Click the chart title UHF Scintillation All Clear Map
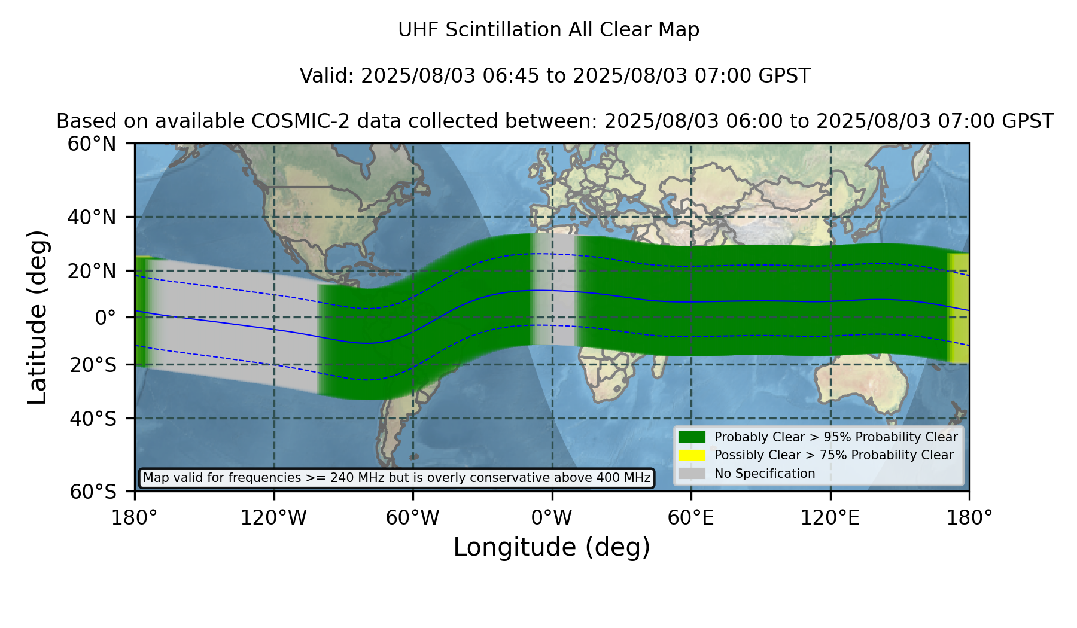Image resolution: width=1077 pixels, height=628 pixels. coord(549,30)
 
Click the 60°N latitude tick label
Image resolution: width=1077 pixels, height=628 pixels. coord(92,144)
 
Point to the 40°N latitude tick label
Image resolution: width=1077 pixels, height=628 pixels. coord(92,217)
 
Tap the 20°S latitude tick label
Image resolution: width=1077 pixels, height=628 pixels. coord(93,365)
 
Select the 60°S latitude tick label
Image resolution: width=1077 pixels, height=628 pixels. coord(93,492)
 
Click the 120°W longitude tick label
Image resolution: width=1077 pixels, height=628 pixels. coord(273,517)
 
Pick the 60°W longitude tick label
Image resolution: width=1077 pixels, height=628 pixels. coord(413,517)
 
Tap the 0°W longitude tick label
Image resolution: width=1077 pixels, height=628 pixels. coord(552,517)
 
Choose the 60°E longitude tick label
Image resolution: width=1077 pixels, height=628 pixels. coord(691,517)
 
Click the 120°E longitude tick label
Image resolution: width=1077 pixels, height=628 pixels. coord(830,517)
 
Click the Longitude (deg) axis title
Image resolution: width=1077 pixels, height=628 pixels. coord(552,547)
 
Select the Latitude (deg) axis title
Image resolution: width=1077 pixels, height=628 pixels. coord(37,317)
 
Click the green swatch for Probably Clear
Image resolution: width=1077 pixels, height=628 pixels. coord(692,437)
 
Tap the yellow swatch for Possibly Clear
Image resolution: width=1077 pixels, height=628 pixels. coord(692,455)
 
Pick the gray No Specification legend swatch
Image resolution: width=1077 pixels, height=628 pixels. coord(692,474)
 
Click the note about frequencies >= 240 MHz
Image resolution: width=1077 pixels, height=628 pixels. coord(397,478)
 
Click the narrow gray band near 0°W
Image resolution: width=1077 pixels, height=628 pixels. coord(553,289)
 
